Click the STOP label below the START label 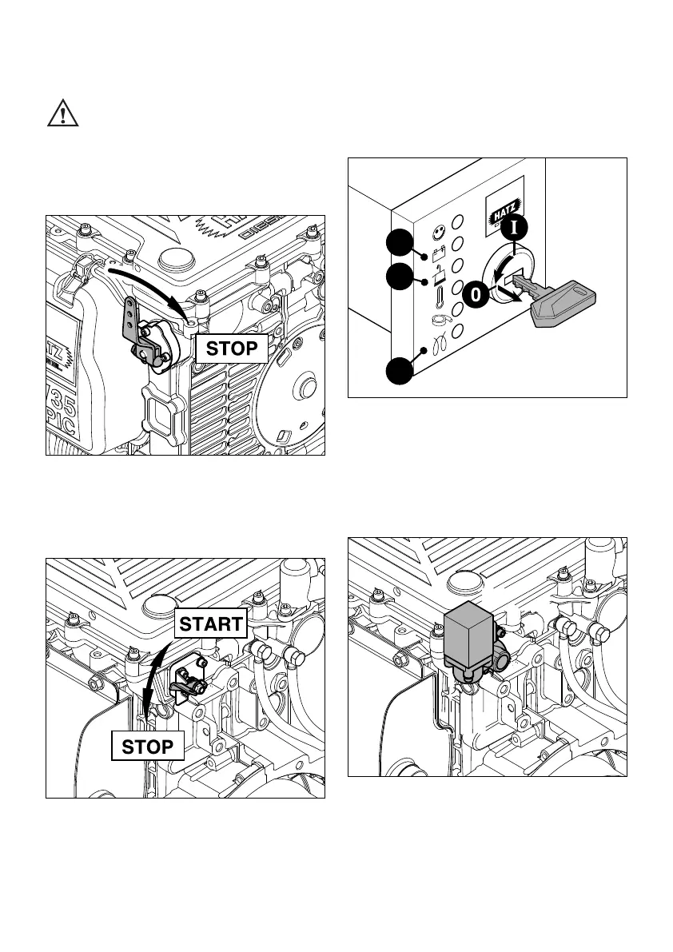pos(147,747)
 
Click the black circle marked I pos(516,227)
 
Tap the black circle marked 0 pos(476,295)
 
